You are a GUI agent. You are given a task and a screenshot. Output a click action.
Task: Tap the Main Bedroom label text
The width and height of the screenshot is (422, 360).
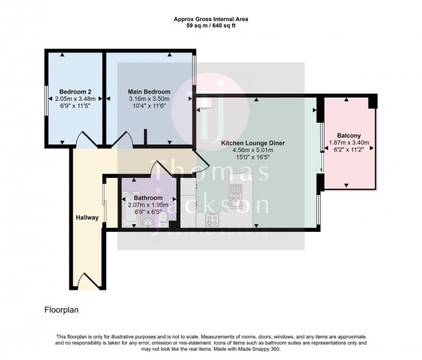click(x=149, y=92)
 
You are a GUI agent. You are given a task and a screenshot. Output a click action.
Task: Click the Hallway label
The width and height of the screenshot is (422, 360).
click(x=86, y=218)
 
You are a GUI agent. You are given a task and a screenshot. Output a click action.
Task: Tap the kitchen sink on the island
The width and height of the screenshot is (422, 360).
click(x=236, y=192)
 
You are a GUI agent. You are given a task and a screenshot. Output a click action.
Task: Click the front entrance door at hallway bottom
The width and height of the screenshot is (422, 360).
click(x=87, y=281)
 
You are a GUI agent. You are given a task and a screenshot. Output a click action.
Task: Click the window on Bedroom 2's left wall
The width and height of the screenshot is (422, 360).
click(x=44, y=105)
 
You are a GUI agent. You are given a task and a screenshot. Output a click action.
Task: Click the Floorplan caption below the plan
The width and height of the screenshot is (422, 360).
click(x=62, y=311)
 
